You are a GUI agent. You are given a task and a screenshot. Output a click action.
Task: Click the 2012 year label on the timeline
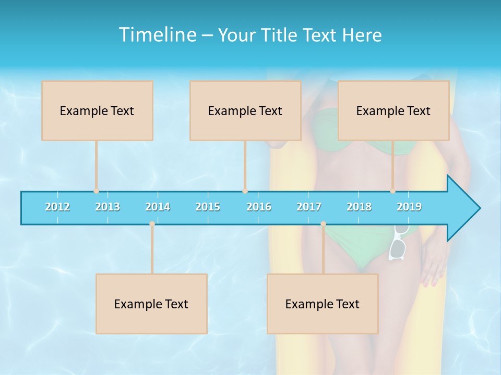pos(57,207)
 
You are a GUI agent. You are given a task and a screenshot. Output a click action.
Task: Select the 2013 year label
pos(108,207)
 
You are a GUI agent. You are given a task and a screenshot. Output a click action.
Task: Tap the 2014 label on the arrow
pos(158,207)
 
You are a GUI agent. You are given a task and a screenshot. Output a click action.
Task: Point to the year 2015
pos(208,207)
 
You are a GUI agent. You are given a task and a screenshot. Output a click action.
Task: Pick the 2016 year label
pos(259,207)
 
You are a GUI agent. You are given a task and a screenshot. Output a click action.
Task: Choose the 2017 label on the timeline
pos(309,207)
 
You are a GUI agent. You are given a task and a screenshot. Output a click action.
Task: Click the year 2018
pos(359,207)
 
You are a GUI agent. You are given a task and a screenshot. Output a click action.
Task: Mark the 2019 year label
pos(409,207)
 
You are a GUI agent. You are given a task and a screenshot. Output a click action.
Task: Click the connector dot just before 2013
pos(96,191)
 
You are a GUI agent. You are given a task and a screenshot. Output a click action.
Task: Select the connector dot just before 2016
pos(245,191)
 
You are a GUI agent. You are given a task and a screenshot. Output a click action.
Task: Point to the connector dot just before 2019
pos(392,191)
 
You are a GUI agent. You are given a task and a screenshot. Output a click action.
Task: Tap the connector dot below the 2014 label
pos(152,224)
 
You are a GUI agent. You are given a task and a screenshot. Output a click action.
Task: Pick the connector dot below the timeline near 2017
pos(323,224)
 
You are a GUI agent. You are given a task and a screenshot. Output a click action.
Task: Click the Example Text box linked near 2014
pos(151,304)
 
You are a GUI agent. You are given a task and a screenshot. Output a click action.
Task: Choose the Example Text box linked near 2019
pos(393,110)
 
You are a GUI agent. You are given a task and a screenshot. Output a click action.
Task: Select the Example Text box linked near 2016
pos(245,110)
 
